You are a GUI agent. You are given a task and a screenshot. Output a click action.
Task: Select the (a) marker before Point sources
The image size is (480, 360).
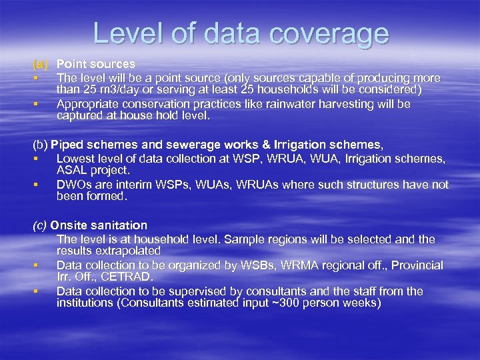41,64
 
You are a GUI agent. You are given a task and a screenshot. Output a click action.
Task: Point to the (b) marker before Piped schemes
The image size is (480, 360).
41,145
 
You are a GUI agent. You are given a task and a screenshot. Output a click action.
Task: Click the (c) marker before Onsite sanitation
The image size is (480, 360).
41,225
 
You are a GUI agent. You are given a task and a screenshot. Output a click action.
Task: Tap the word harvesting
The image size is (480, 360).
361,104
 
